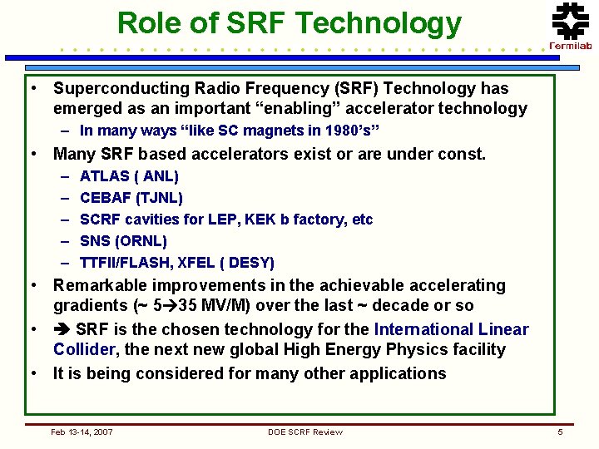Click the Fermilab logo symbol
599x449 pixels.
(x=571, y=21)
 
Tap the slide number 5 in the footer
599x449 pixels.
(x=560, y=432)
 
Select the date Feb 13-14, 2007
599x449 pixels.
(x=82, y=432)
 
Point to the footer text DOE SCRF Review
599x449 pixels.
(x=305, y=432)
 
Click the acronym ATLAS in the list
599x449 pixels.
(x=105, y=176)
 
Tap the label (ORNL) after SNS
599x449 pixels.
(x=141, y=241)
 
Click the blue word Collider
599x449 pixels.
(x=84, y=349)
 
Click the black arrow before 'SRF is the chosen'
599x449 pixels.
(x=62, y=329)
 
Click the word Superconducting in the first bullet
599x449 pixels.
(x=121, y=89)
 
